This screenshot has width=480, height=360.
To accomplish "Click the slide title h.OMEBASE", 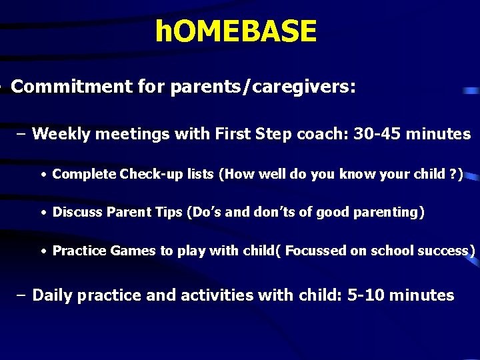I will pyautogui.click(x=235, y=31).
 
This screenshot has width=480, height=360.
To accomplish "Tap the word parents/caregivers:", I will pyautogui.click(x=263, y=87).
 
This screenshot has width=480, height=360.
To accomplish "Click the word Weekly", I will pyautogui.click(x=61, y=134).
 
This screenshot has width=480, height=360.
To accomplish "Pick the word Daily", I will pyautogui.click(x=53, y=295).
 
